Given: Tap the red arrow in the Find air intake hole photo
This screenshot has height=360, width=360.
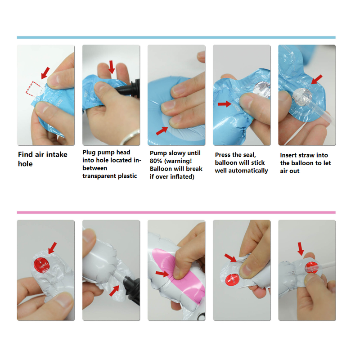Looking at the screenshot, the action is coord(45,73).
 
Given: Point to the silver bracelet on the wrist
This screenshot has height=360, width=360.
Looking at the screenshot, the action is coord(130,137).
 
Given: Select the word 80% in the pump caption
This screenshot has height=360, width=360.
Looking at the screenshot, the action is coord(156,161).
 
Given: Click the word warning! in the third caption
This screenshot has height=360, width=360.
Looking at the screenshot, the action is coord(178,161).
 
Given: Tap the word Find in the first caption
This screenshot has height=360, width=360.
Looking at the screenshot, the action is coord(26,154).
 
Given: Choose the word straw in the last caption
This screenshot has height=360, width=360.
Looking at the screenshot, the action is coord(306,155).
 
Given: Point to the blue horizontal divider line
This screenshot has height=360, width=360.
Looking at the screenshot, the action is coord(176,37).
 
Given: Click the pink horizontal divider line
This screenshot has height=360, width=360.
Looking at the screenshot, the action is coord(176,212).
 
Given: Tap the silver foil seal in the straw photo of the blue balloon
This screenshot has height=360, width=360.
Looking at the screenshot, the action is coord(303,97).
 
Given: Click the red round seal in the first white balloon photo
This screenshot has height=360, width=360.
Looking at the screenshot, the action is coord(41,265).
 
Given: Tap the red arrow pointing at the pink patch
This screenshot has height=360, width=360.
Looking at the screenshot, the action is coord(162,273).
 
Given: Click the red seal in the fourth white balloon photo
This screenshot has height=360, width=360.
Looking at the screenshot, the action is coord(232,279).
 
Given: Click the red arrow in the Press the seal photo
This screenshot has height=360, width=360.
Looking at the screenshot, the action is coord(224,104).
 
